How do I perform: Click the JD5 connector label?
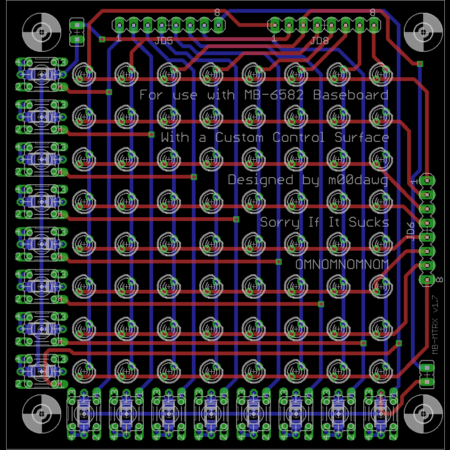pyautogui.click(x=164, y=41)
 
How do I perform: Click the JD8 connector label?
pyautogui.click(x=319, y=41)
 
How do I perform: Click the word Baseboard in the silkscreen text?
pyautogui.click(x=351, y=95)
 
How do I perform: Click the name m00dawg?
pyautogui.click(x=358, y=180)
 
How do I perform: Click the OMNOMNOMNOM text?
pyautogui.click(x=342, y=264)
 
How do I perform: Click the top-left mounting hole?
pyautogui.click(x=42, y=33)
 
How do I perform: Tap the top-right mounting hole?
pyautogui.click(x=423, y=33)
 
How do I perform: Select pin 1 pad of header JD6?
pyautogui.click(x=426, y=180)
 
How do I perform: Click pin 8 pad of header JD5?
pyautogui.click(x=218, y=24)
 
